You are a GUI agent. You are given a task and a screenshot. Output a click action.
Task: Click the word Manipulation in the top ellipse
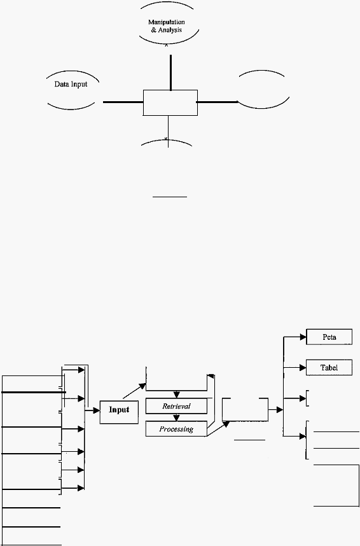167,22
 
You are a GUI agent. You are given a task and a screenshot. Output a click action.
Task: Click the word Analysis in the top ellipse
170,31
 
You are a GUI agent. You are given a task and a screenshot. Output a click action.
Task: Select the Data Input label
71,84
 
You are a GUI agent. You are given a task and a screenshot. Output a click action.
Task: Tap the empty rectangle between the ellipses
170,102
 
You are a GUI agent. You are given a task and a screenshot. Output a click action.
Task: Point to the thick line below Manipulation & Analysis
170,73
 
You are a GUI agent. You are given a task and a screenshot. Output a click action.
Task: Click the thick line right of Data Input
123,102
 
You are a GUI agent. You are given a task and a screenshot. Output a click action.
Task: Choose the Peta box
329,337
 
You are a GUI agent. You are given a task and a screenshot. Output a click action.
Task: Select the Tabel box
329,367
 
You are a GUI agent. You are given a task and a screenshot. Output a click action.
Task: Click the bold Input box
119,412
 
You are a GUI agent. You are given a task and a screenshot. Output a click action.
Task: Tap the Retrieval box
177,406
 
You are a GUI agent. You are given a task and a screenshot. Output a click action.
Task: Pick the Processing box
176,429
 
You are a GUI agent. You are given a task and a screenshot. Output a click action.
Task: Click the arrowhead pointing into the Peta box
303,337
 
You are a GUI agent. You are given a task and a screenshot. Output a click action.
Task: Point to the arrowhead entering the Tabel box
303,367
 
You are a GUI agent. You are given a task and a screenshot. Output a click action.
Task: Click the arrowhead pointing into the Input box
97,411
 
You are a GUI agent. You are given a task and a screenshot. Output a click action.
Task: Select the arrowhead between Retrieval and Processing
177,417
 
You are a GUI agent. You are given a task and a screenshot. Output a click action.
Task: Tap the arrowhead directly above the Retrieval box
177,395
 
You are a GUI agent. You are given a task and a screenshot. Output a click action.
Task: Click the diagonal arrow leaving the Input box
134,391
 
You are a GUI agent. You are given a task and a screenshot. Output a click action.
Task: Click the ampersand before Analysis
153,31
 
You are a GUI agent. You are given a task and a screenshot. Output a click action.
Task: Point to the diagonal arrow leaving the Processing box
218,428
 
